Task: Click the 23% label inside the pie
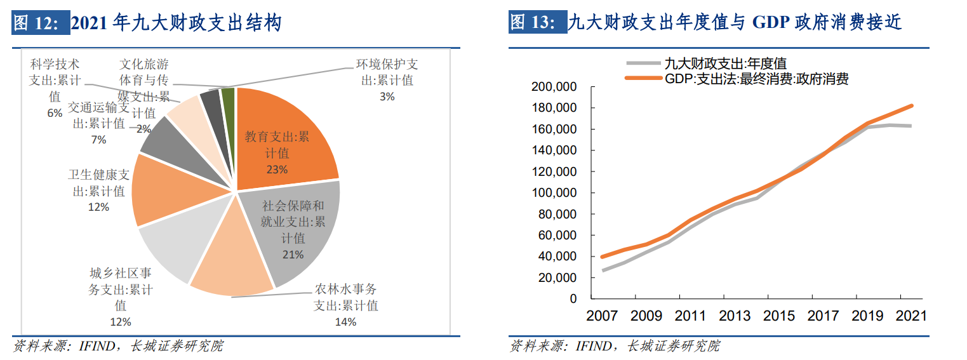coord(277,170)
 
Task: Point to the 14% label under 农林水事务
coord(345,321)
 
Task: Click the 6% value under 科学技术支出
coord(55,113)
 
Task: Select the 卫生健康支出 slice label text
coord(98,183)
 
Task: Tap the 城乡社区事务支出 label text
coord(121,290)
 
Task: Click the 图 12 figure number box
coord(40,24)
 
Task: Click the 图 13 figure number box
coord(537,24)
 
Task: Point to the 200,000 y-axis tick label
coord(554,87)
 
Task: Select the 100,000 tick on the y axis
coord(554,193)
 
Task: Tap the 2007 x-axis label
coord(602,316)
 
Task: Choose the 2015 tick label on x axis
coord(779,316)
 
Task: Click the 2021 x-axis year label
coord(911,316)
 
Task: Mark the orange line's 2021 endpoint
coord(911,106)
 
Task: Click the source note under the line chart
coord(615,346)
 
